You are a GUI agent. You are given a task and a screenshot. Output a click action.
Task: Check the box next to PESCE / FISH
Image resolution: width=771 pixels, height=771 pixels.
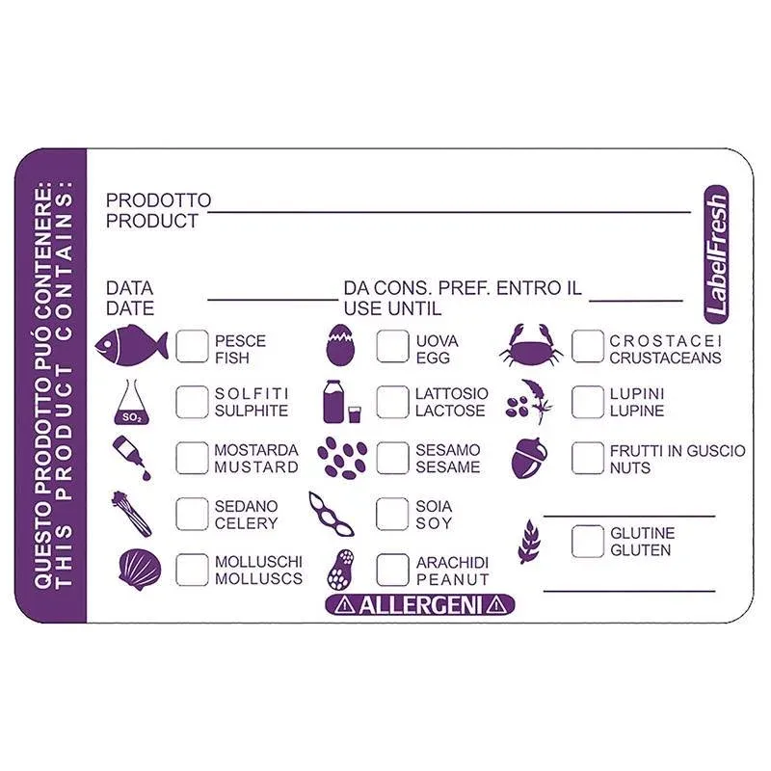pos(192,346)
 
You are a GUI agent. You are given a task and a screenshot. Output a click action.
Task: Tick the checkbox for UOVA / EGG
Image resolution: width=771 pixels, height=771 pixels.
pos(392,346)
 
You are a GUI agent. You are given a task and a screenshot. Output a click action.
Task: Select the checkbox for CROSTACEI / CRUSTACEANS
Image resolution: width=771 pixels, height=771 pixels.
pos(588,346)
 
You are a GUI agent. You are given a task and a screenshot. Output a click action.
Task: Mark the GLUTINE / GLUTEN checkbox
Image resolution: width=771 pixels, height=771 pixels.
pos(588,542)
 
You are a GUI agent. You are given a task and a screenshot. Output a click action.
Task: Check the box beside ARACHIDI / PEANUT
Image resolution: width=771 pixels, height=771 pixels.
pos(392,570)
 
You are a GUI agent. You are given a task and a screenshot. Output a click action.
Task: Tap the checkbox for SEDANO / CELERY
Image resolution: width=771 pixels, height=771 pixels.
pos(192,515)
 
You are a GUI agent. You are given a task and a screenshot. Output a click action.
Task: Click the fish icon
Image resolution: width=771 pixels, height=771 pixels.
pos(131,345)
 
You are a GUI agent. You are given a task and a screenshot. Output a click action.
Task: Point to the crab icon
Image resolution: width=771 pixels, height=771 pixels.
pos(531,345)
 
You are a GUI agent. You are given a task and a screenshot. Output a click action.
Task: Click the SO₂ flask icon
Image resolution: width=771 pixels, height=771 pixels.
pos(131,402)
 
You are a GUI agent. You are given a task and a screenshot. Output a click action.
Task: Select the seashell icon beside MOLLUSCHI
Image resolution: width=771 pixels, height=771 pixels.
pos(140,570)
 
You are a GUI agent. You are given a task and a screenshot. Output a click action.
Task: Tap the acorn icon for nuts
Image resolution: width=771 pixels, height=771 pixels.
pos(529,458)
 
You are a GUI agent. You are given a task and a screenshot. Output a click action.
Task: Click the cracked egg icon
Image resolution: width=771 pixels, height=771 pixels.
pos(340,345)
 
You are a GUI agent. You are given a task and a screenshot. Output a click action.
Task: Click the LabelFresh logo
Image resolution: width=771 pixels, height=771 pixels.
pos(716,254)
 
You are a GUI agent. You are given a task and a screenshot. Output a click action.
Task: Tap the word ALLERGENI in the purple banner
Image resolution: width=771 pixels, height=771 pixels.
pos(420,605)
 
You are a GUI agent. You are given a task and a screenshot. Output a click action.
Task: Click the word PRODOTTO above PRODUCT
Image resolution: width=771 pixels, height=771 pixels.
pos(158,200)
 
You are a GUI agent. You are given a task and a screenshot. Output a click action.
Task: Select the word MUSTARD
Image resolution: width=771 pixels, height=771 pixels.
pos(256,467)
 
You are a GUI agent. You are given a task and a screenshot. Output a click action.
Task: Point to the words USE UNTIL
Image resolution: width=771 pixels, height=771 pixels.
pos(392,308)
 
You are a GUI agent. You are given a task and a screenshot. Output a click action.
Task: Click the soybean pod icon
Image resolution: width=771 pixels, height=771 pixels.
pos(331,515)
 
